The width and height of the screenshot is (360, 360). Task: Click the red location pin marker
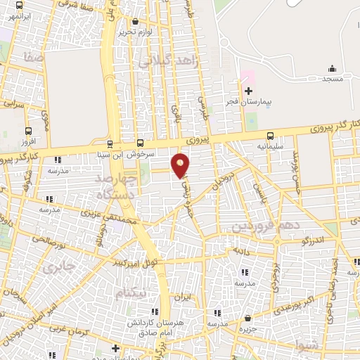click(x=181, y=165)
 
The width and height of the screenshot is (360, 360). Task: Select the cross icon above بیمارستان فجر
click(x=247, y=90)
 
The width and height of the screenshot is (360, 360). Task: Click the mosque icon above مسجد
click(x=332, y=69)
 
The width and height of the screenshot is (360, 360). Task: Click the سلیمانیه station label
click(x=250, y=147)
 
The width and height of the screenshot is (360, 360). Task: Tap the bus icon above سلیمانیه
click(x=269, y=136)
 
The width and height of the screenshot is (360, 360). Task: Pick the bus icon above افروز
click(x=28, y=131)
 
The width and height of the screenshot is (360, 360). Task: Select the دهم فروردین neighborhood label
click(x=260, y=226)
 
